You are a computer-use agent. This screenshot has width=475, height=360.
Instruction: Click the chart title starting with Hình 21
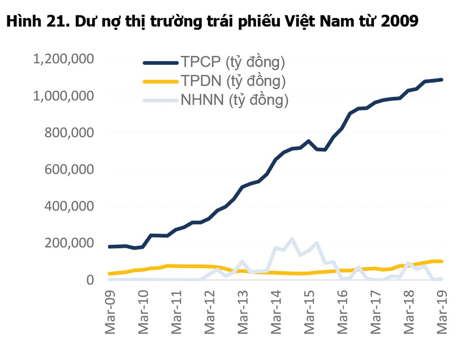click(212, 21)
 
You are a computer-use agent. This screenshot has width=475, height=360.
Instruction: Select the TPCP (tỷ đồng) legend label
click(233, 62)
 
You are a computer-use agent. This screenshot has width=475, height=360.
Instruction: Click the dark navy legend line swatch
click(160, 63)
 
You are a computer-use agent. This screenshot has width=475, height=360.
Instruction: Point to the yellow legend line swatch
click(160, 81)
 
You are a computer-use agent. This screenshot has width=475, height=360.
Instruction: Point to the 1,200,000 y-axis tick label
click(64, 59)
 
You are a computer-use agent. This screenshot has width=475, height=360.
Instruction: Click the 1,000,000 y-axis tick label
click(64, 96)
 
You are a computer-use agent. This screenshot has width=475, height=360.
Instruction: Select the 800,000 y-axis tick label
click(70, 133)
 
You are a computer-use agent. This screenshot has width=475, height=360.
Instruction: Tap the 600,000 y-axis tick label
click(70, 170)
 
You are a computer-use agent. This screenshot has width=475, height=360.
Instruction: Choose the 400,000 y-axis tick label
click(70, 206)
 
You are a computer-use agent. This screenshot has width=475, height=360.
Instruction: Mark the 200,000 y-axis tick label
click(70, 243)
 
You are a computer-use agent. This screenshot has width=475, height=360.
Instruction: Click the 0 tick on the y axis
click(90, 280)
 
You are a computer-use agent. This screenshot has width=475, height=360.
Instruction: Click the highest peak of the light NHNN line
click(292, 239)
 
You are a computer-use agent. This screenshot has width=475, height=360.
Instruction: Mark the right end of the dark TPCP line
click(442, 80)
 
